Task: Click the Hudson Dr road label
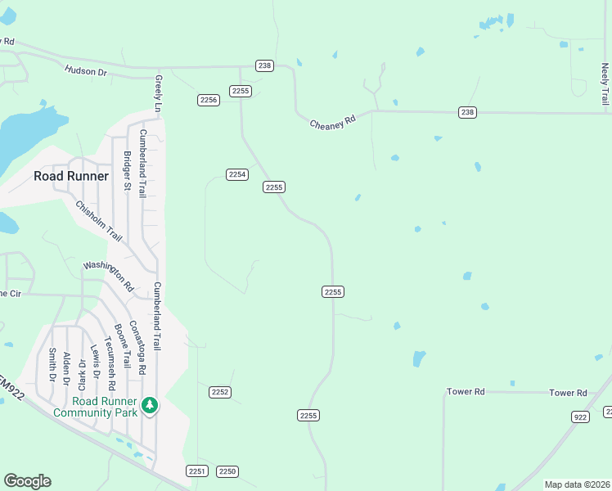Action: tap(86, 72)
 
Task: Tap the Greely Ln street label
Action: tap(158, 94)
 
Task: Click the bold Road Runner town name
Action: tap(70, 176)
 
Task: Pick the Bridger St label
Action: tap(127, 171)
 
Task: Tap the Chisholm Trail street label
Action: tap(98, 221)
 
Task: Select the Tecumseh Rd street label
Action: tap(110, 363)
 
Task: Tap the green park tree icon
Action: tap(149, 405)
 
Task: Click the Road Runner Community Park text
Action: tap(94, 407)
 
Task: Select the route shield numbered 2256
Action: tap(209, 100)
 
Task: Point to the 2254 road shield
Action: tap(237, 174)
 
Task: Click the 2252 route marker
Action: tap(219, 392)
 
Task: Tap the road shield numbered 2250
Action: tap(227, 471)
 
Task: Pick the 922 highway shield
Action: tap(581, 417)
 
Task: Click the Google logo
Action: tap(27, 481)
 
